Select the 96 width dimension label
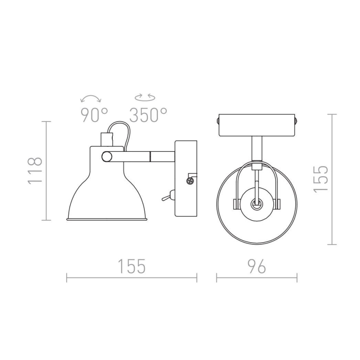click(x=256, y=267)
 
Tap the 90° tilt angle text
click(x=94, y=115)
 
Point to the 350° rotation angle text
click(x=148, y=115)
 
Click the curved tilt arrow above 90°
click(x=91, y=99)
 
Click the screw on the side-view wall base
click(x=190, y=181)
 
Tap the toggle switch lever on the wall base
click(x=167, y=197)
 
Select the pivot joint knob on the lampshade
click(x=107, y=156)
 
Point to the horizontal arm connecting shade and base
click(x=145, y=156)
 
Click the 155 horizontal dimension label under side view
click(x=131, y=267)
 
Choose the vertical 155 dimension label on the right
click(x=321, y=179)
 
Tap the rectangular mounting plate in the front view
click(x=257, y=125)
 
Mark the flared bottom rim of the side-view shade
click(x=107, y=218)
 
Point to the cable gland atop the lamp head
click(x=107, y=139)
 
